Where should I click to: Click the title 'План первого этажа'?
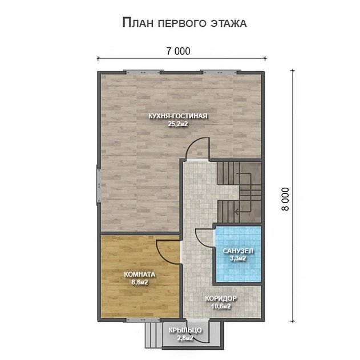(184, 23)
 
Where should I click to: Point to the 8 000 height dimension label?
(285, 200)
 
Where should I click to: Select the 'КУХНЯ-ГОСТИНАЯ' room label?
(177, 116)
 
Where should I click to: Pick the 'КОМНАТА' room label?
(140, 274)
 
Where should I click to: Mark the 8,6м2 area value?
(140, 282)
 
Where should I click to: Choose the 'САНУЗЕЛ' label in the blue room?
(238, 251)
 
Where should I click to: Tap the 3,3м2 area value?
(238, 258)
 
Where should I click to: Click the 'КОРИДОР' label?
(221, 298)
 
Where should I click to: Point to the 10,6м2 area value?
(221, 306)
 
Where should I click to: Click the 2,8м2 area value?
(184, 338)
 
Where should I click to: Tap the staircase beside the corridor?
(237, 189)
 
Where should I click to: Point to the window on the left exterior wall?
(98, 183)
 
